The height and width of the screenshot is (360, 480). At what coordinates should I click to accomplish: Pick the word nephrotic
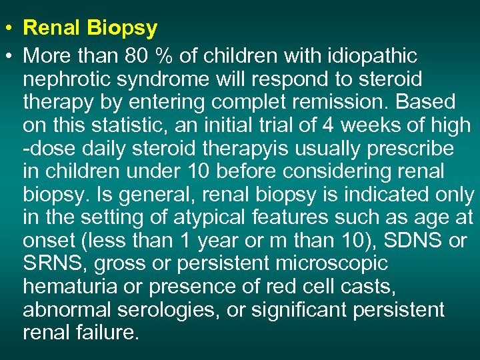click(x=65, y=79)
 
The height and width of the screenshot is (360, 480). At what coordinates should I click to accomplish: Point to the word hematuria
click(x=67, y=287)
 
